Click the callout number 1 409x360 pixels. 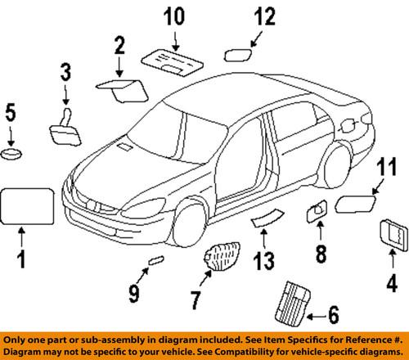tap(23, 264)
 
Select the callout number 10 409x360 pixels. tap(173, 17)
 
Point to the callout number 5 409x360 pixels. tap(11, 112)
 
